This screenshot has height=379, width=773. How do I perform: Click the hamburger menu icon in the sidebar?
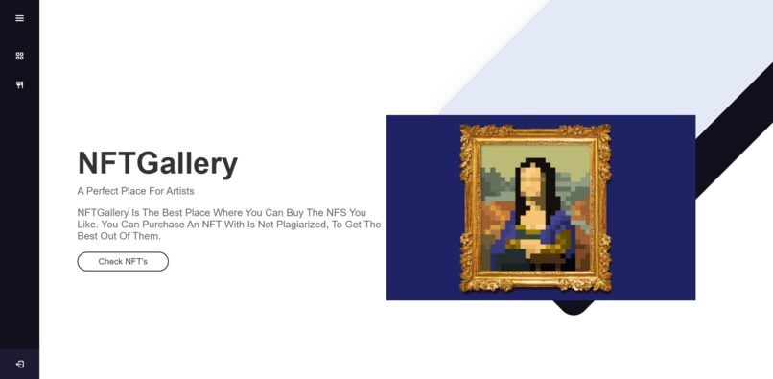coord(19,18)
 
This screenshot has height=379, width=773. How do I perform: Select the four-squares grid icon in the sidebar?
coord(19,56)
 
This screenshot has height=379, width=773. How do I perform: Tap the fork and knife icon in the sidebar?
coord(19,84)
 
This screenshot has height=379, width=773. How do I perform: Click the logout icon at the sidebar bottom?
coord(19,364)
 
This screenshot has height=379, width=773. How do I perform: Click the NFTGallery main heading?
coord(157,163)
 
